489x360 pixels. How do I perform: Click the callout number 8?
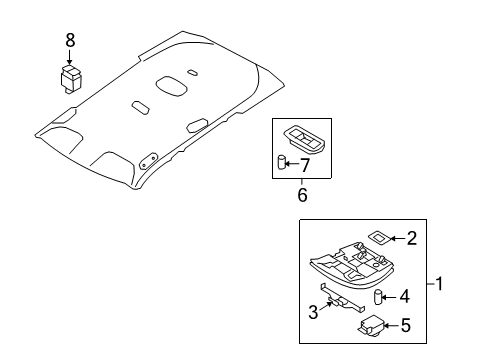pos(70,41)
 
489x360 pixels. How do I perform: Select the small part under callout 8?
pos(71,79)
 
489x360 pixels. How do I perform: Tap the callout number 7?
pos(304,165)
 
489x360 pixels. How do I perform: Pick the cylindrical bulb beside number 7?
pos(282,162)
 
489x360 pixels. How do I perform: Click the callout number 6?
pos(302,195)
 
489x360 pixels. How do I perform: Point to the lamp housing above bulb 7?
pos(304,138)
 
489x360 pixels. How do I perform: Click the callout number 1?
pos(439,284)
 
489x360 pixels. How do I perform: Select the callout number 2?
pos(412,239)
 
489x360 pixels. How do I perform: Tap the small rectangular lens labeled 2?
pos(378,237)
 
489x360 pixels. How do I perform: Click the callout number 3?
pos(313,312)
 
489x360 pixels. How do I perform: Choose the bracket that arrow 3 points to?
pos(342,298)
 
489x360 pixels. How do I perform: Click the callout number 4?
pos(404,296)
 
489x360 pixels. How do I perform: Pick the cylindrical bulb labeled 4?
pos(378,297)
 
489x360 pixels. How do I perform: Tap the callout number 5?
pos(405,325)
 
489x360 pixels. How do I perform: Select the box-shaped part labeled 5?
pos(371,325)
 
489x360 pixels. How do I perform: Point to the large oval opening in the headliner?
pos(171,85)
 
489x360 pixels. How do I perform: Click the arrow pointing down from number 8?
pos(70,57)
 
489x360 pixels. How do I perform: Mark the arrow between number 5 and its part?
pos(391,325)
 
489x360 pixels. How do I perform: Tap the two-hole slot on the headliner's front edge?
pos(148,161)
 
